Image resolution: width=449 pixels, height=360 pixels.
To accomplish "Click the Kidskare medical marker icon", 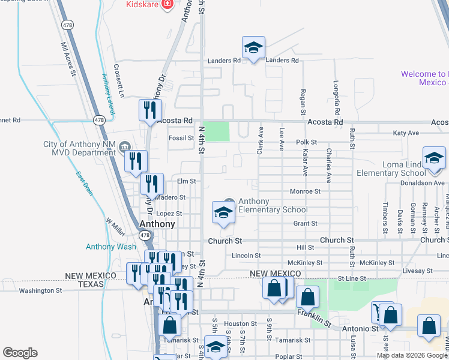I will pyautogui.click(x=166, y=5).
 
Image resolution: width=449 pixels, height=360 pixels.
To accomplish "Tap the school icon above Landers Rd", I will pyautogui.click(x=253, y=47).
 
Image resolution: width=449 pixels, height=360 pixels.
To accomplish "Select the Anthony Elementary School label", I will pyautogui.click(x=273, y=205).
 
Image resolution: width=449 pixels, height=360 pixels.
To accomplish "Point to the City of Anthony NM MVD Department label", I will pyautogui.click(x=79, y=148).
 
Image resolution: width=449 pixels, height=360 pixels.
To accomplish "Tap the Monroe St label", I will pyautogui.click(x=305, y=191).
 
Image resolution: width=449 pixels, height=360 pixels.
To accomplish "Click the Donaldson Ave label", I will pyautogui.click(x=423, y=182).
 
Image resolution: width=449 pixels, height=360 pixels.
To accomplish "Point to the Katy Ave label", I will pyautogui.click(x=406, y=133).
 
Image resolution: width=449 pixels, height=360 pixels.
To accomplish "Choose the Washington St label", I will pyautogui.click(x=41, y=290).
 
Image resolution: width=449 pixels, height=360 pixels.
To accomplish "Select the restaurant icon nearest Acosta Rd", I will pyautogui.click(x=149, y=110).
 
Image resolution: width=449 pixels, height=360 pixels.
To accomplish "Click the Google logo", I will pyautogui.click(x=20, y=353).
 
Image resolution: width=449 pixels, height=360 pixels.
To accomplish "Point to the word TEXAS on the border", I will pyautogui.click(x=91, y=283).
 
